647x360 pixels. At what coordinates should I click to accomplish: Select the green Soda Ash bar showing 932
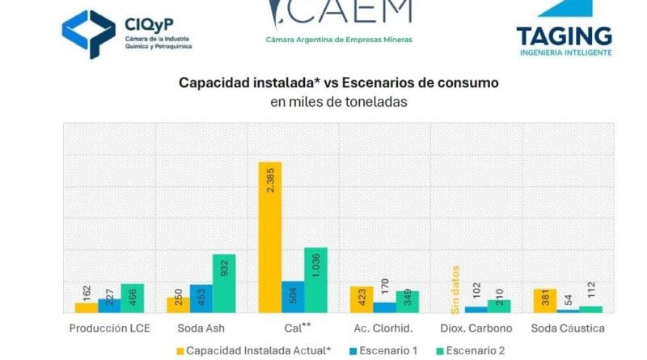[x=224, y=283]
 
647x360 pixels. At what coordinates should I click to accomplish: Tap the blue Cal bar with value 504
[x=293, y=297]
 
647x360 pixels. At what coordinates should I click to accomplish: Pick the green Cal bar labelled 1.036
[x=315, y=280]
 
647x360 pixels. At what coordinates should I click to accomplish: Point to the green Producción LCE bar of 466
[x=133, y=298]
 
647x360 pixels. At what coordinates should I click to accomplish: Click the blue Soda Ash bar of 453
[x=201, y=299]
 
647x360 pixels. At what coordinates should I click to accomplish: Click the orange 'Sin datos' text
[x=455, y=288]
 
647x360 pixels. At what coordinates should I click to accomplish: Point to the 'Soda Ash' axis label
[x=201, y=329]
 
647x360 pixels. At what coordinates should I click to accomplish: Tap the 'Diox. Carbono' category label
[x=476, y=329]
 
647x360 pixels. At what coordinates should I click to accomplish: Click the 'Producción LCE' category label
[x=109, y=329]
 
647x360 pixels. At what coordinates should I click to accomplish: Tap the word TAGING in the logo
[x=564, y=36]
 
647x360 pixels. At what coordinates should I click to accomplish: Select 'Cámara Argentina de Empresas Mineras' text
[x=339, y=38]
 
